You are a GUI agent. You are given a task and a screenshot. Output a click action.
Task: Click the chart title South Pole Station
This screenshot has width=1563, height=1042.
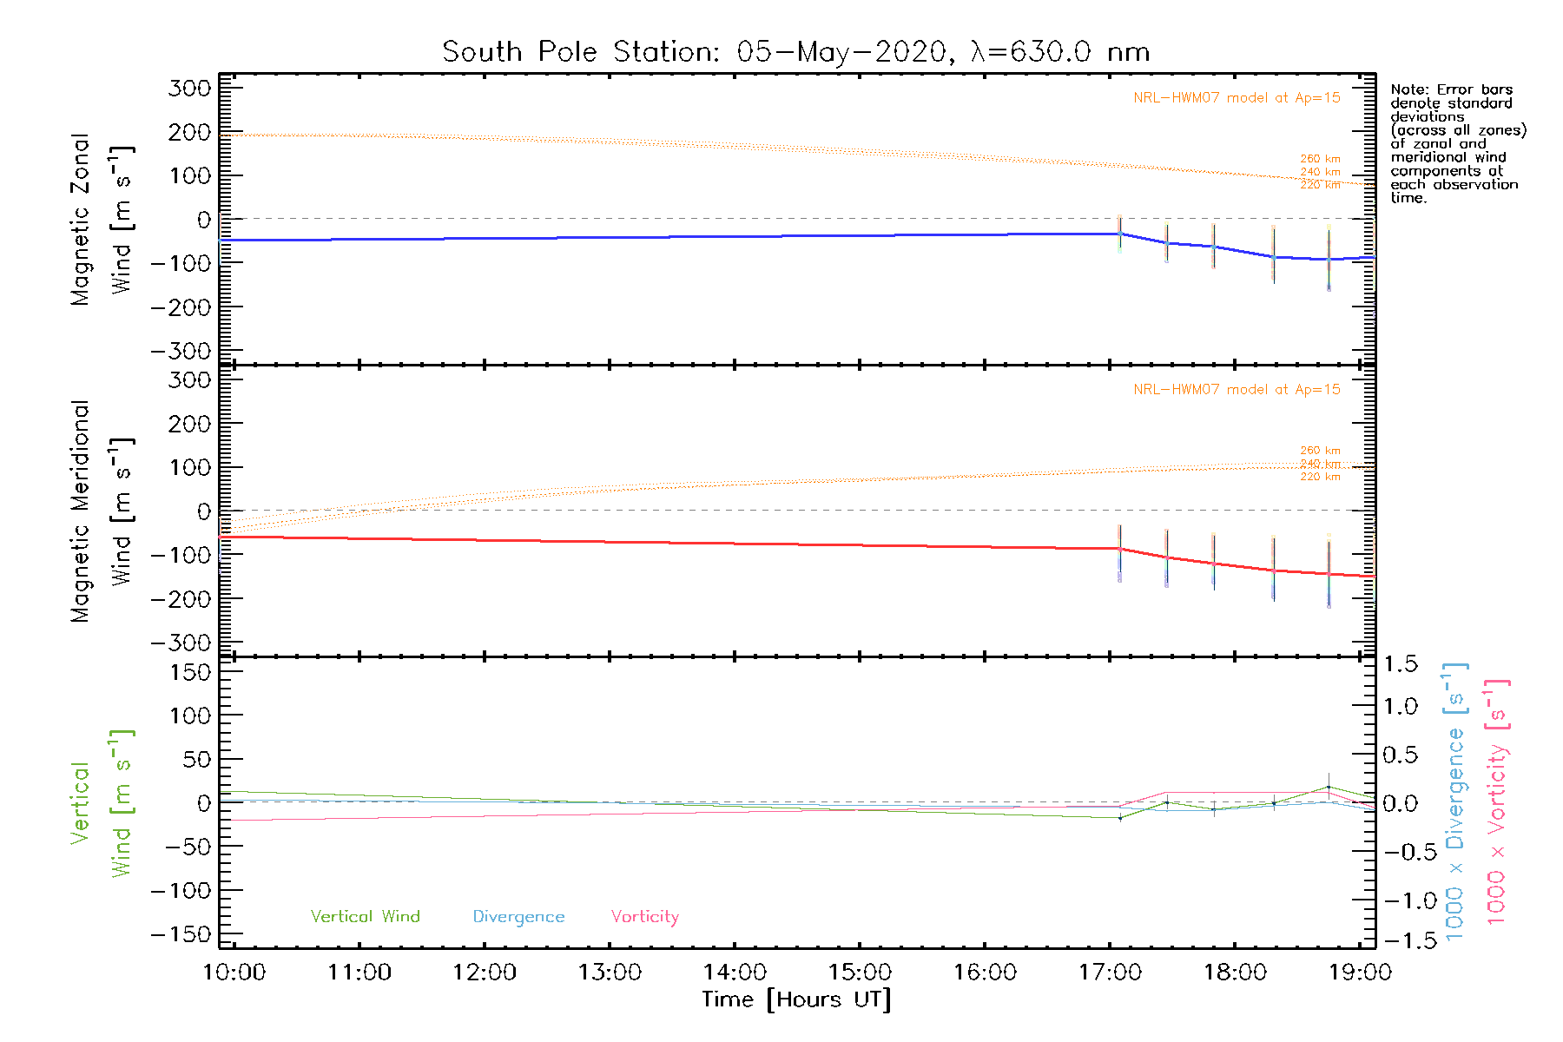(x=795, y=52)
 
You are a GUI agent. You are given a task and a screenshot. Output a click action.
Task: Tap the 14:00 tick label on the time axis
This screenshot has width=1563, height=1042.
(x=735, y=973)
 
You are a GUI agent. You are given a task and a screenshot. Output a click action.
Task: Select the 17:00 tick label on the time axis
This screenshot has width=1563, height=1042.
(x=1110, y=973)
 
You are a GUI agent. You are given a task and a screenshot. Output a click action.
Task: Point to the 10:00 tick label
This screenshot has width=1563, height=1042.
(x=234, y=973)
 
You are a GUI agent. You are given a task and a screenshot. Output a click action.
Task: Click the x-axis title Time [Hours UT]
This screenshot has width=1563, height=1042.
(x=795, y=1000)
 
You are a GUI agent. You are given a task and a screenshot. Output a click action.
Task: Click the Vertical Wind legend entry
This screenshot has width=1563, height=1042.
(x=365, y=917)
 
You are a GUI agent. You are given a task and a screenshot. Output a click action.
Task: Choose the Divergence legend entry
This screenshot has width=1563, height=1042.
(x=518, y=917)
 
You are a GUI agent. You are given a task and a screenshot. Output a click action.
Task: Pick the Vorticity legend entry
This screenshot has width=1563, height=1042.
(x=644, y=917)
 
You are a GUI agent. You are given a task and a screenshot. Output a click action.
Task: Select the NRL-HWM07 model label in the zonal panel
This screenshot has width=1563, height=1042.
(x=1237, y=98)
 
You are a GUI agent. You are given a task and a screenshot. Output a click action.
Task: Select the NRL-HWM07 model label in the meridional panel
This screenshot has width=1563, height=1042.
(x=1237, y=390)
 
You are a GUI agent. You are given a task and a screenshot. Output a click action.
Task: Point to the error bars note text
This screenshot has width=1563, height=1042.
(x=1457, y=143)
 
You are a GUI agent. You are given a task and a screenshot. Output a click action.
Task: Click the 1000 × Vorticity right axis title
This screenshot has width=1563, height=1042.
(x=1497, y=801)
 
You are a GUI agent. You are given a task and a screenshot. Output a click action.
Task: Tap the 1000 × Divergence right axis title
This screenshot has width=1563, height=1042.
(x=1455, y=801)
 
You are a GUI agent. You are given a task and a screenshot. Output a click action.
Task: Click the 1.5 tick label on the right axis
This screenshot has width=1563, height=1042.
(x=1400, y=665)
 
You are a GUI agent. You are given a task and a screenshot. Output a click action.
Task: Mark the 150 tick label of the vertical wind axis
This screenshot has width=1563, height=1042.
(x=191, y=672)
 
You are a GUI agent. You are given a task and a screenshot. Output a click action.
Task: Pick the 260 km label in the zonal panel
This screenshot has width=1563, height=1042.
(x=1320, y=159)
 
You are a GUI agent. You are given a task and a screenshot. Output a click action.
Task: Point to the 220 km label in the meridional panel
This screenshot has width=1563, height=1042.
(x=1320, y=477)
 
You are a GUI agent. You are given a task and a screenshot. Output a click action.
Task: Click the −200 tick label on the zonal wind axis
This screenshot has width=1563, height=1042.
(x=181, y=307)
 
